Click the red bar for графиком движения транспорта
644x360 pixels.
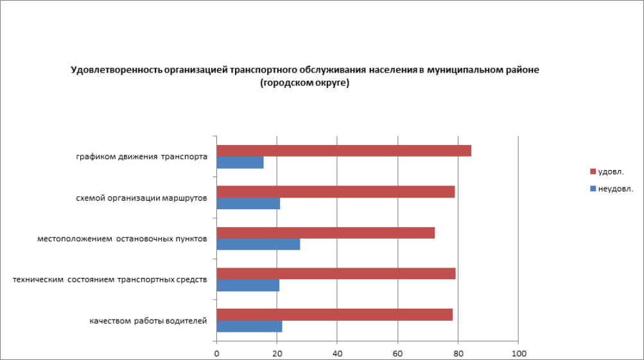pyautogui.click(x=344, y=151)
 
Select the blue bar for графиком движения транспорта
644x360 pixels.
pyautogui.click(x=240, y=163)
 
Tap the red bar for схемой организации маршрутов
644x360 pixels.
pyautogui.click(x=335, y=192)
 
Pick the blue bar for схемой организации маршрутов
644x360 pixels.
pyautogui.click(x=248, y=203)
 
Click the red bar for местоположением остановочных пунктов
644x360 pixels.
pyautogui.click(x=326, y=233)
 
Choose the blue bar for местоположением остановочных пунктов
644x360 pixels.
pyautogui.click(x=258, y=244)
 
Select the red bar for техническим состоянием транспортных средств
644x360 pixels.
pyautogui.click(x=336, y=273)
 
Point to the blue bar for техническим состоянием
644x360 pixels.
pyautogui.click(x=248, y=286)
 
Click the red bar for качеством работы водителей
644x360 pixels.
pyautogui.click(x=335, y=314)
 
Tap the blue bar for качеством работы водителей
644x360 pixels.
pyautogui.click(x=249, y=326)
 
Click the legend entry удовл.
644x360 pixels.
pyautogui.click(x=610, y=172)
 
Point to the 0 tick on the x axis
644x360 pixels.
pyautogui.click(x=217, y=354)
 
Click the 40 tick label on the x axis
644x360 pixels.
pyautogui.click(x=337, y=354)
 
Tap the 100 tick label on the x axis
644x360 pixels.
pyautogui.click(x=518, y=354)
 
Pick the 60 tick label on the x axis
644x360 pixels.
pyautogui.click(x=397, y=354)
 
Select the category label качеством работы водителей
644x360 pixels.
pyautogui.click(x=148, y=321)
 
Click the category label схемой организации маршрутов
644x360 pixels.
pyautogui.click(x=141, y=198)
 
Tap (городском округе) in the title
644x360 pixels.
pyautogui.click(x=305, y=83)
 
